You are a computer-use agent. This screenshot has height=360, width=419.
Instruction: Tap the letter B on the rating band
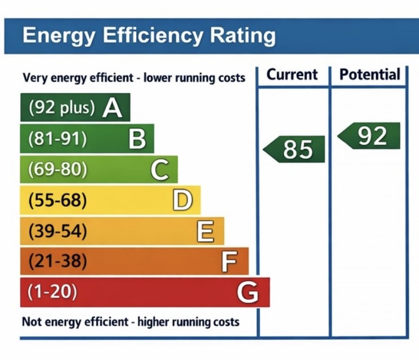pyautogui.click(x=137, y=139)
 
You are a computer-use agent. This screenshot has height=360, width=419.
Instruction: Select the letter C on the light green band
pyautogui.click(x=160, y=170)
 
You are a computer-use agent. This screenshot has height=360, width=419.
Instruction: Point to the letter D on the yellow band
pyautogui.click(x=183, y=201)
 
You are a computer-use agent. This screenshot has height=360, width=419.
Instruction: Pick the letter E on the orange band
pyautogui.click(x=205, y=232)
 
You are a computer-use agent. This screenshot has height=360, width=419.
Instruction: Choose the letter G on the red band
pyautogui.click(x=248, y=293)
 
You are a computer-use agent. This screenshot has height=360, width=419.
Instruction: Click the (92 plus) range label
pyautogui.click(x=62, y=108)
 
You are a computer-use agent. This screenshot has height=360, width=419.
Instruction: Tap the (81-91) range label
pyautogui.click(x=57, y=139)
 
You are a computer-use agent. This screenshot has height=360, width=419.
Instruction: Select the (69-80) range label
pyautogui.click(x=58, y=170)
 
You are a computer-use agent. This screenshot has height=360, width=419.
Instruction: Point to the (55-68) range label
pyautogui.click(x=57, y=201)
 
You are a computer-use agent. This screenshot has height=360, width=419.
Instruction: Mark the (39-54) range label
pyautogui.click(x=57, y=231)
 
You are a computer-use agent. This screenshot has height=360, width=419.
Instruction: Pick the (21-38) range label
pyautogui.click(x=57, y=261)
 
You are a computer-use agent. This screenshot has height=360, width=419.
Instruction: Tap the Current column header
pyautogui.click(x=292, y=74)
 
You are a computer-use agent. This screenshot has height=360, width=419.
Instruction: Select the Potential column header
pyautogui.click(x=370, y=74)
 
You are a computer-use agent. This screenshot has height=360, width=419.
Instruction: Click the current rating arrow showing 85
pyautogui.click(x=295, y=149)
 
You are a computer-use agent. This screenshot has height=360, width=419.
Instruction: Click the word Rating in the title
pyautogui.click(x=240, y=35)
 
